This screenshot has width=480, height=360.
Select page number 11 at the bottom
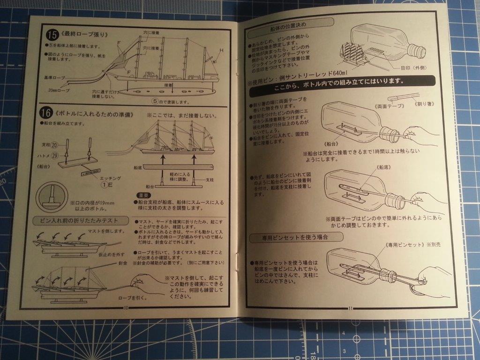click(351, 308)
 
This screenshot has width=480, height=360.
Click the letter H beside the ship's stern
click(221, 50)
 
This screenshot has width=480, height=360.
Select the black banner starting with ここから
click(342, 81)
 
